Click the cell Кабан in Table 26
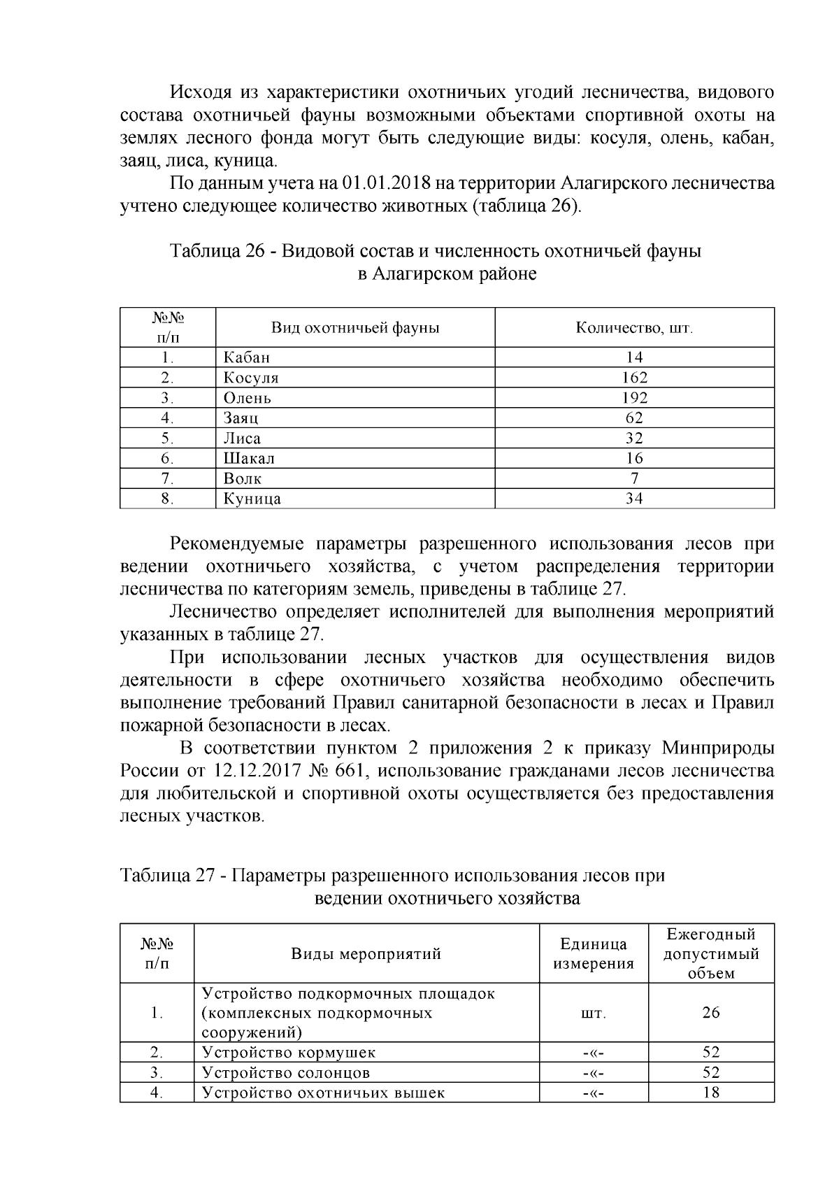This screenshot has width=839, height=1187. (247, 357)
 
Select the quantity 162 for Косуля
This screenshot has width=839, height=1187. (634, 378)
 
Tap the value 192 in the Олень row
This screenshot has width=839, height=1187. (634, 398)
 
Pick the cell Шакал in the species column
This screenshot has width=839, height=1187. (249, 459)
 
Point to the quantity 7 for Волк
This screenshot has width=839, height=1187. (634, 479)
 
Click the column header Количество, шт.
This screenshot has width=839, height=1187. (634, 328)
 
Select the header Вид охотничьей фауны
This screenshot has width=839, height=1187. (355, 328)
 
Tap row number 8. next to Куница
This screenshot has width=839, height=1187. (167, 499)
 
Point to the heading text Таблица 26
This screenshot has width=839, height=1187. (216, 251)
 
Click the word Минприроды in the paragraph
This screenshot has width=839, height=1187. (717, 748)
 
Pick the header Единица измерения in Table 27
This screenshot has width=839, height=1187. (594, 954)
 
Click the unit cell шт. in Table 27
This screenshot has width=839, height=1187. (594, 1013)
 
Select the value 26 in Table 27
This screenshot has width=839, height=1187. (711, 1013)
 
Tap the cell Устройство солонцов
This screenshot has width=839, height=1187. (286, 1073)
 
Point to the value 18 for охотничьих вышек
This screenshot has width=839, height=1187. (711, 1093)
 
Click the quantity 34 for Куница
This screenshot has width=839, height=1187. (634, 499)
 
